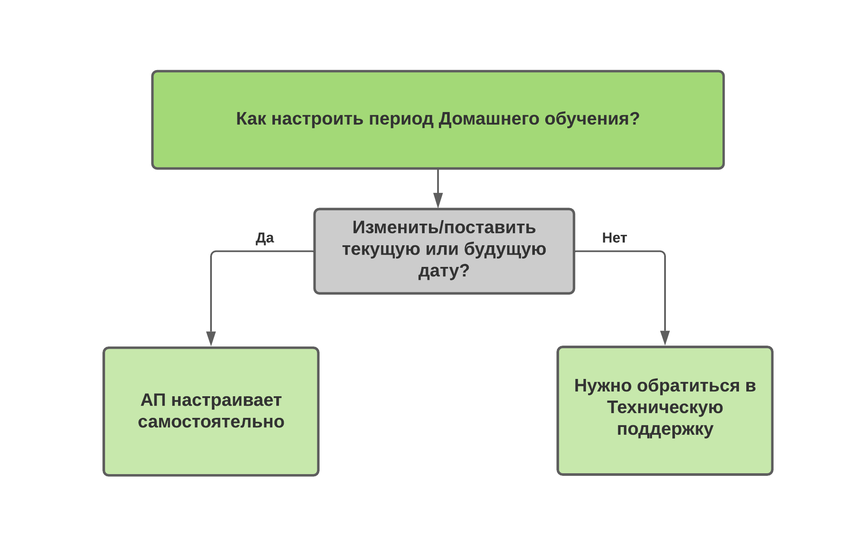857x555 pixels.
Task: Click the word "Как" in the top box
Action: coord(251,119)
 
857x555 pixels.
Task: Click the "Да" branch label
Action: coord(265,238)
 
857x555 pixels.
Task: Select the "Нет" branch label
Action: coord(614,237)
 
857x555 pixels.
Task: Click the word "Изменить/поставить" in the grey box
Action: coord(444,228)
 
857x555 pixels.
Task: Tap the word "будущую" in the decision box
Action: coord(505,249)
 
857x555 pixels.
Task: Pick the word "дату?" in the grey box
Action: coord(444,271)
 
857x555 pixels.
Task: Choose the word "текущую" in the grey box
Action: coord(381,250)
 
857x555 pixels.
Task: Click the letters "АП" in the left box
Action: coord(153,400)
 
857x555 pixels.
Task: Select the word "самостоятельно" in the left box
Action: coord(211,422)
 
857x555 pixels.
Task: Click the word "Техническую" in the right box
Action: coord(665,407)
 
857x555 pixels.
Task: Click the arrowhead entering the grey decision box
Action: coord(438,201)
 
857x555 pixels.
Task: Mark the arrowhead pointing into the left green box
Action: coord(211,339)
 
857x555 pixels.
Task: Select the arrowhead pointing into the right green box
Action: coord(665,338)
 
